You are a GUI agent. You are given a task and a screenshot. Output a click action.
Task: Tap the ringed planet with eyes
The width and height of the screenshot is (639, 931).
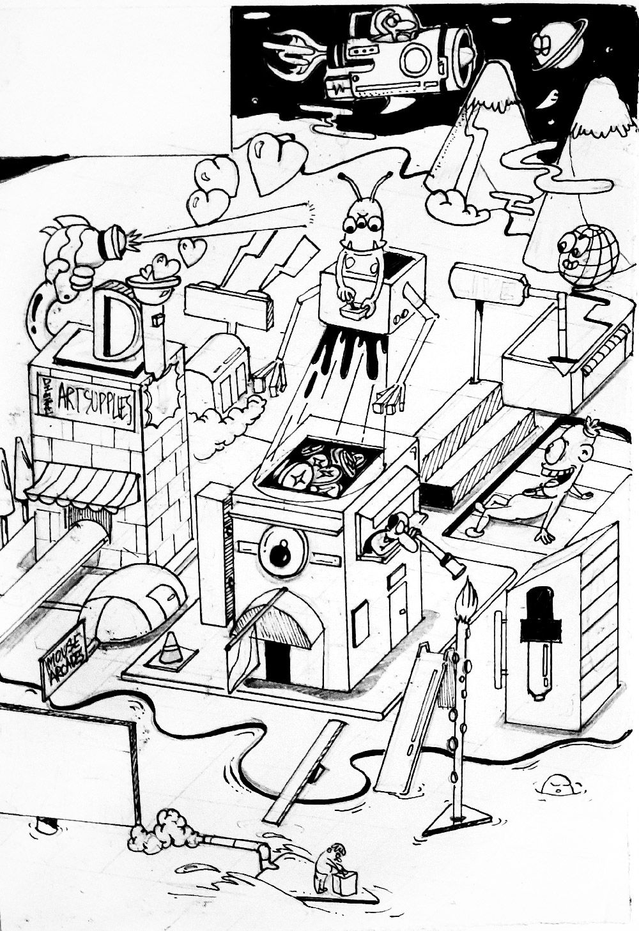(550, 43)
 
